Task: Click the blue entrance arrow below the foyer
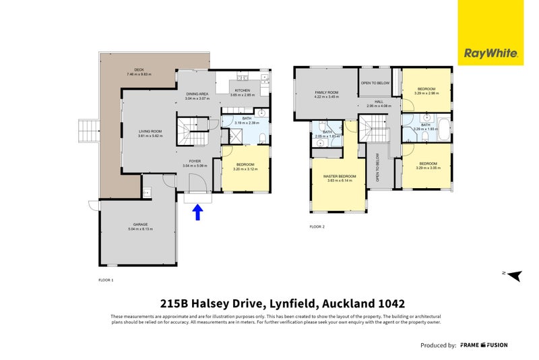(197, 213)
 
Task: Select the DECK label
(139, 71)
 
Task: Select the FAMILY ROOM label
(326, 94)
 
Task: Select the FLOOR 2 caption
(317, 227)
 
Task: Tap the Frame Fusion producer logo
(484, 345)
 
